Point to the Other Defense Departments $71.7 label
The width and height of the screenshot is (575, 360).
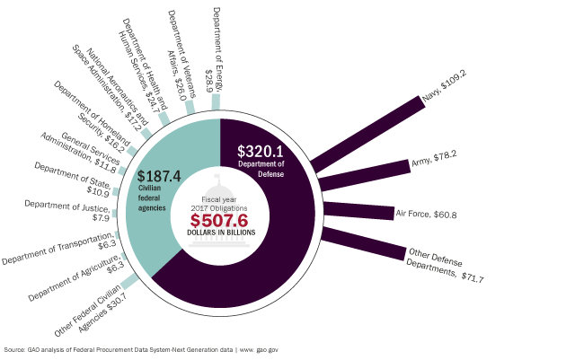pos(446,267)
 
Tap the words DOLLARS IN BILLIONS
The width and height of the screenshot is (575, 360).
pos(221,233)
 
